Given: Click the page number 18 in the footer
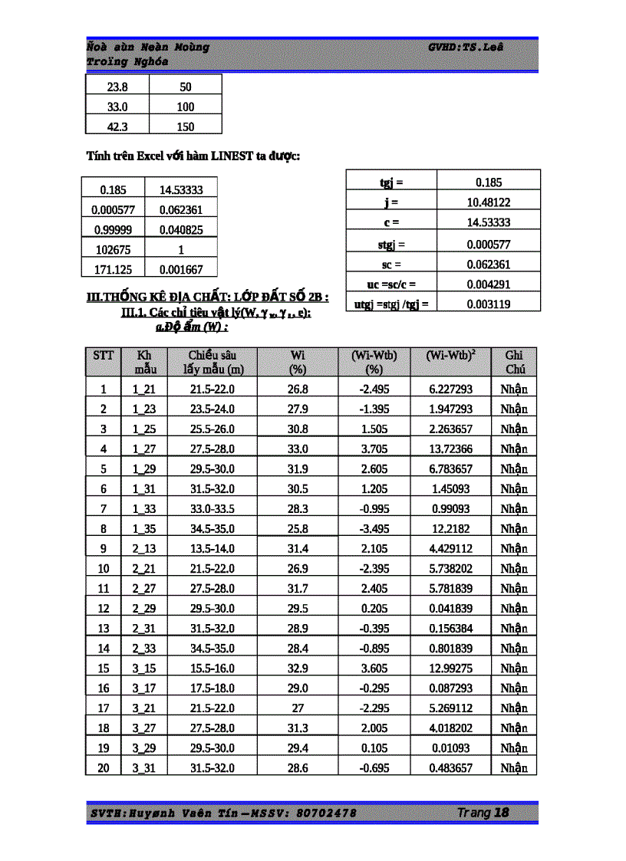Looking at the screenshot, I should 501,813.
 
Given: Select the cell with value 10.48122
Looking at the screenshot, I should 489,202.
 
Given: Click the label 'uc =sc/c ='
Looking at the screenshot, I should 391,284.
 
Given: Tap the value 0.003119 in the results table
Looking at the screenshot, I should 489,304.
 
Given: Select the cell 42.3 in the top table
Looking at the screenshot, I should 117,127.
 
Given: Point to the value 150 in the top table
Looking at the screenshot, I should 186,127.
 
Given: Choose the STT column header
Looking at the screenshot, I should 104,355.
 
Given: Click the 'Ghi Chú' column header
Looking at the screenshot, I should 514,362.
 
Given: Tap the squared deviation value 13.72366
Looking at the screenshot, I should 451,449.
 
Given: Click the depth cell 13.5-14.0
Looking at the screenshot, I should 213,548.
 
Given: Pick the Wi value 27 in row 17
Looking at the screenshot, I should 298,708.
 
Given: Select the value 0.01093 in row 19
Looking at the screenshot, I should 451,748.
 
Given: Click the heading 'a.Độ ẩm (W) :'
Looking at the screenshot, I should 193,327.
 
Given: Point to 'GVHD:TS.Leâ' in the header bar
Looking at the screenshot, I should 466,47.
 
